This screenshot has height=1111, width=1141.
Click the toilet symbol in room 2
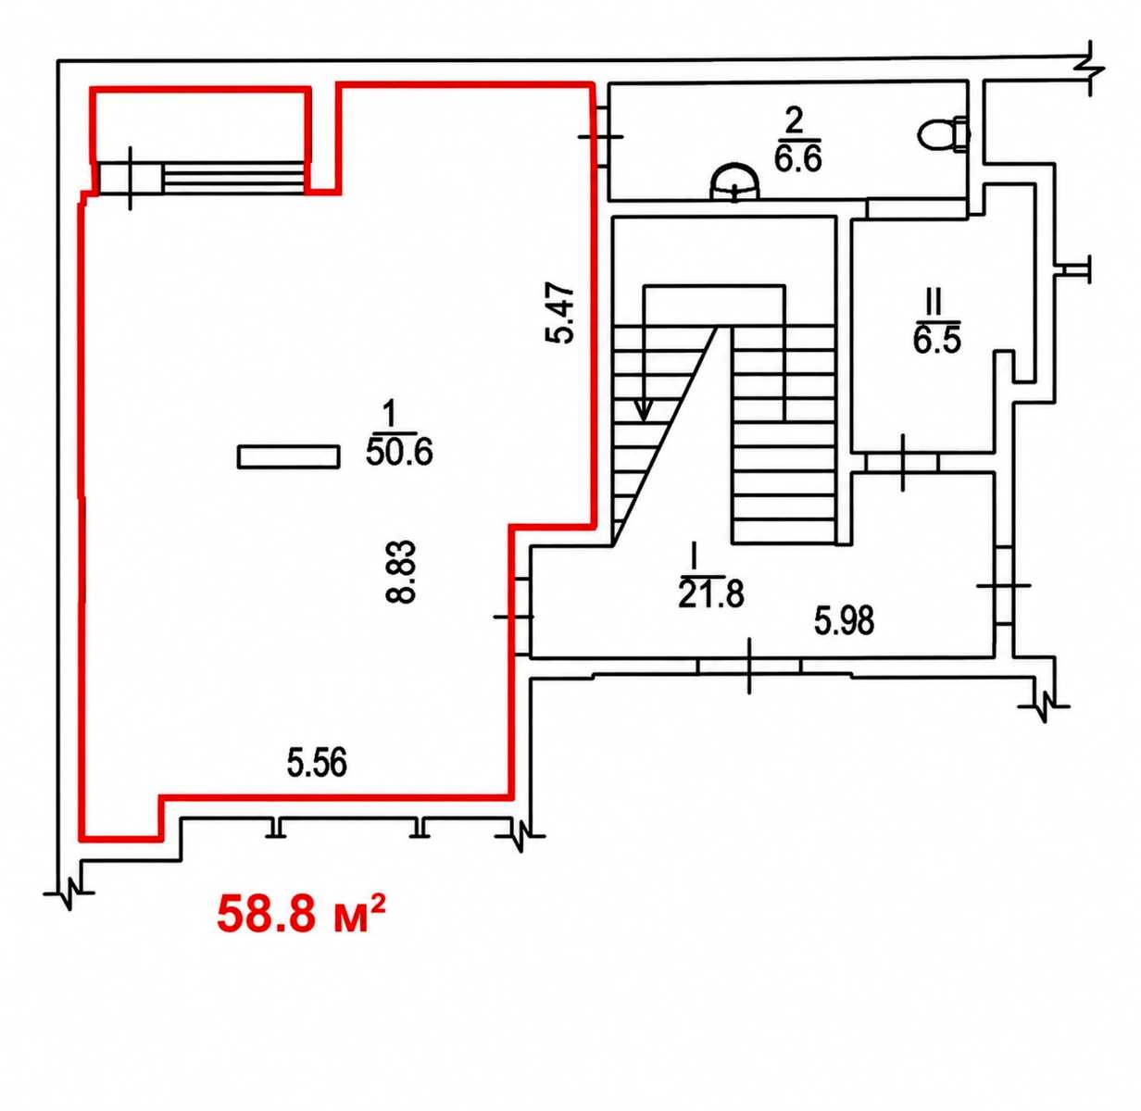click(942, 136)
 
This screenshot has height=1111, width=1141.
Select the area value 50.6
click(399, 452)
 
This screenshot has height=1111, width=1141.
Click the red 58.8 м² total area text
click(301, 914)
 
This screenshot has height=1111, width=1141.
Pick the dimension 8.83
click(401, 571)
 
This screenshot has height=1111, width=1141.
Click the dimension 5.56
click(318, 763)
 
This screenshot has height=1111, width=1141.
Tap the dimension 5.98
click(845, 620)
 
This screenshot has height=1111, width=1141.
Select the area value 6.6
click(798, 157)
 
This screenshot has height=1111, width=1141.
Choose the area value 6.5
click(937, 339)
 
